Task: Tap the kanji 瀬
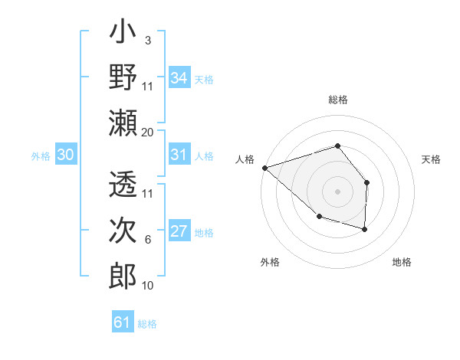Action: [x=123, y=123]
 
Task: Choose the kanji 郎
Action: [x=123, y=276]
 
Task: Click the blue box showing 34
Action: [x=179, y=78]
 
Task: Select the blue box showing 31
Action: [x=179, y=155]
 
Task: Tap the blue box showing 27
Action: [x=179, y=232]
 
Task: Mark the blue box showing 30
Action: [x=65, y=155]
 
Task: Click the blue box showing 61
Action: [x=123, y=322]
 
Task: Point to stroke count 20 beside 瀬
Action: [x=148, y=133]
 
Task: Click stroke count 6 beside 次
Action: [x=148, y=240]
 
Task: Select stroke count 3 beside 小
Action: [x=147, y=41]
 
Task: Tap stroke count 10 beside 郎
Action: [x=148, y=286]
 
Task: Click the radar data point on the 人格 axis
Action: [x=264, y=167]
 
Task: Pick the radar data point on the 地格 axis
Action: [x=365, y=229]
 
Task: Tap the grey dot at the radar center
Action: [x=337, y=191]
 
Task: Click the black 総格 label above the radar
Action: [x=337, y=100]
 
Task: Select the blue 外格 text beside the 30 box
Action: [x=41, y=156]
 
